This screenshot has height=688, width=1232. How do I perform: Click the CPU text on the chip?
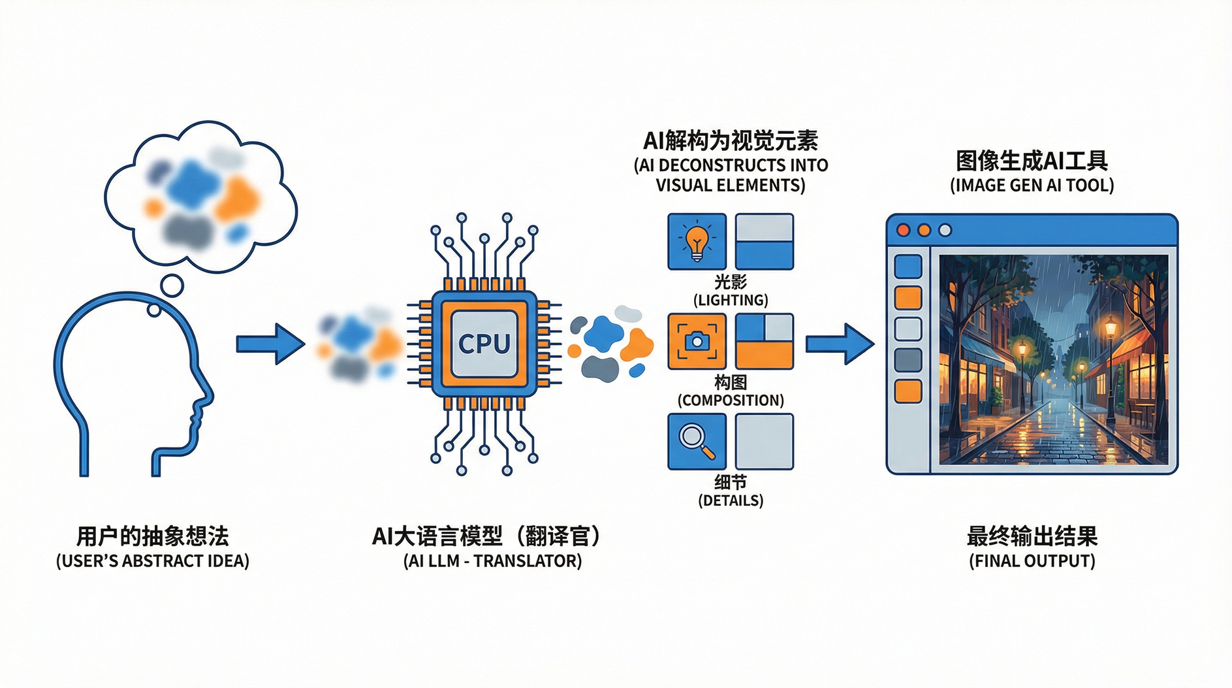(x=484, y=344)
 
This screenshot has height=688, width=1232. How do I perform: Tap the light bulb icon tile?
(x=697, y=242)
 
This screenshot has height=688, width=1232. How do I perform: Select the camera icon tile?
(x=697, y=342)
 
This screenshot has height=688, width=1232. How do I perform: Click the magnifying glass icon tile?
(x=697, y=441)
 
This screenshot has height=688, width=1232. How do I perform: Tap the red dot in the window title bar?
(x=904, y=230)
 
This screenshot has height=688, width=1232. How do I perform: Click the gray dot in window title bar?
(x=945, y=230)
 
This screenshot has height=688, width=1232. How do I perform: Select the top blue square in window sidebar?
(x=908, y=267)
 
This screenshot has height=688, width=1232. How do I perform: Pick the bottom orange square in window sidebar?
(x=908, y=391)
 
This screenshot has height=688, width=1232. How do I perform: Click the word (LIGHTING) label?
(x=730, y=301)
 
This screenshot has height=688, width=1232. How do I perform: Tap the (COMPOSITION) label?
(x=730, y=401)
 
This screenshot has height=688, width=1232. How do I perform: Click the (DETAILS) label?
(x=730, y=500)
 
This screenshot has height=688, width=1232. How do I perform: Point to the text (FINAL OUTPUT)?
(x=1032, y=561)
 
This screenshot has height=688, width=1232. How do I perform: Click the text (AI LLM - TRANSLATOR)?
(x=492, y=561)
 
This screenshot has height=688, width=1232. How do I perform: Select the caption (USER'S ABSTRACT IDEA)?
(x=153, y=561)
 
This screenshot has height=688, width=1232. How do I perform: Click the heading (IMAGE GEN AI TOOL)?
(x=1032, y=186)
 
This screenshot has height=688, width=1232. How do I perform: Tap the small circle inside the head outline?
(x=154, y=310)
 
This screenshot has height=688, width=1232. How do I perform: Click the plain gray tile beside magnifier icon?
(x=764, y=441)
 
